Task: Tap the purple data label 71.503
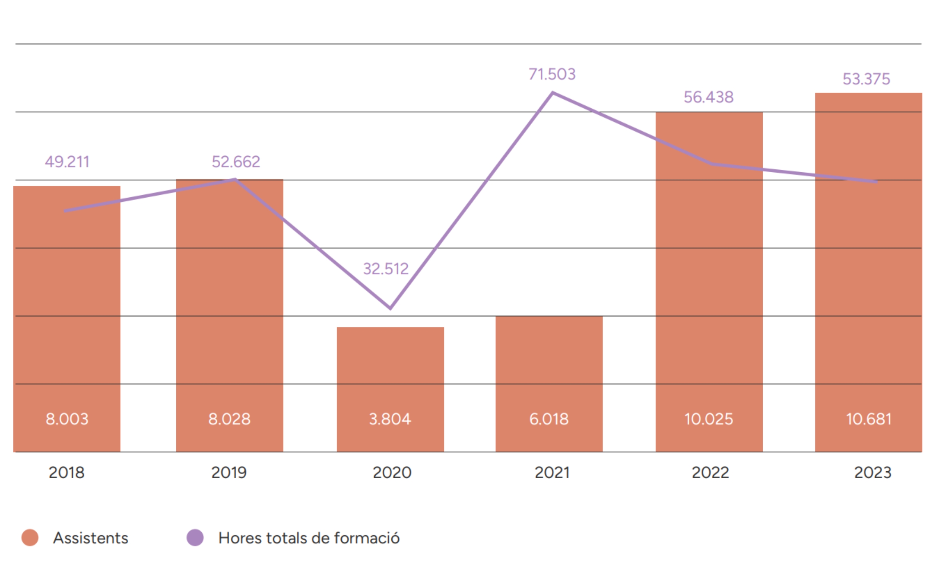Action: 552,74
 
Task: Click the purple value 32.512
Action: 386,269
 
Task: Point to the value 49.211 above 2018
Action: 67,162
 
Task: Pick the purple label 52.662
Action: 236,162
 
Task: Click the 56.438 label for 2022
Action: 709,97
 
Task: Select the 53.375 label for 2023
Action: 866,79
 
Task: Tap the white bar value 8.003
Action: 67,419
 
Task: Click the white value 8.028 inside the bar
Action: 229,419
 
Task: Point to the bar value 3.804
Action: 390,419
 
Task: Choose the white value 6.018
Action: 549,419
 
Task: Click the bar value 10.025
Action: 709,419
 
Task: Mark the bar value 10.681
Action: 869,419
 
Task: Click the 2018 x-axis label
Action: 67,472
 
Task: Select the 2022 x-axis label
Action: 710,472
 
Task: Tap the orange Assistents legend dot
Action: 30,537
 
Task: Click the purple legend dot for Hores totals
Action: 195,537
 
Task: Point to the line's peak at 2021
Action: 552,93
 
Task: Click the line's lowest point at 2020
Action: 390,308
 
